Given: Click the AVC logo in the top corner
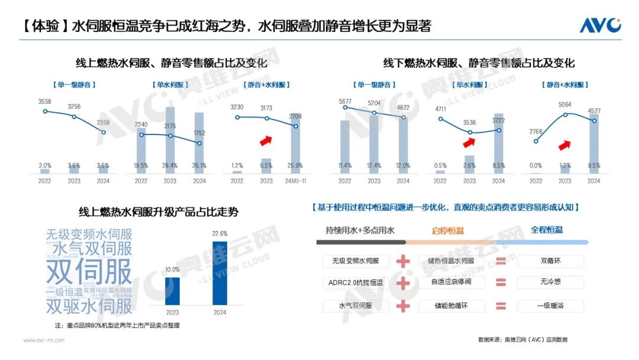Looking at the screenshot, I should point(599,25).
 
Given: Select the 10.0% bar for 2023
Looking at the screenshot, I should point(172,291).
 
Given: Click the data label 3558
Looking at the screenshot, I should point(44,102).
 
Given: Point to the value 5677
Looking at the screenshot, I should point(345,101).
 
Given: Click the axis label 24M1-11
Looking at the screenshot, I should point(295,181).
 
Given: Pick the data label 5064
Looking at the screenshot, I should point(565,105).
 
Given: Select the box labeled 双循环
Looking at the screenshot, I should point(550,261).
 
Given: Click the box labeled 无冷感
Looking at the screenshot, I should point(550,283).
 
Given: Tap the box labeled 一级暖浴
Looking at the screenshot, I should point(550,306).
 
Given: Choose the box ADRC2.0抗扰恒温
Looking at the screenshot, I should point(356,283).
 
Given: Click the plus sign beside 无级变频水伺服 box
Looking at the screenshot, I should point(403,261).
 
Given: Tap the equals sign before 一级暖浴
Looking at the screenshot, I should point(501,306).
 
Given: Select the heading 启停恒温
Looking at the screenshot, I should point(448,230).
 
